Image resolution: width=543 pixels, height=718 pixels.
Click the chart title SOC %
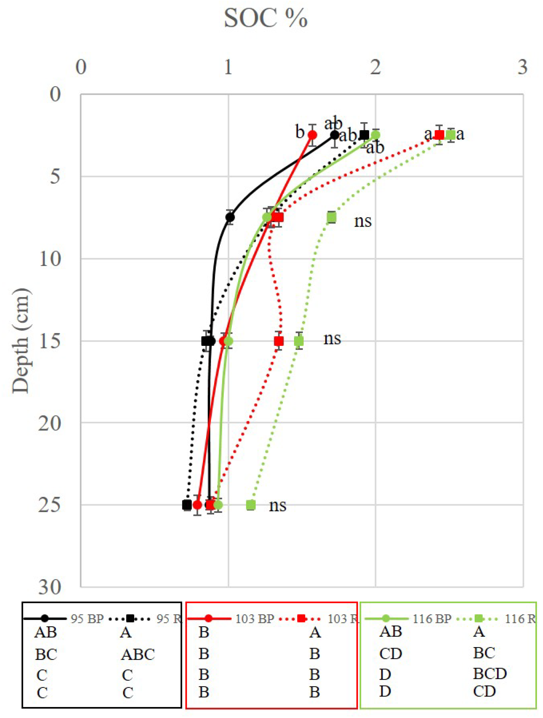[x=265, y=18]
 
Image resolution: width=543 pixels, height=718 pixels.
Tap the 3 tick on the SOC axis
[x=522, y=67]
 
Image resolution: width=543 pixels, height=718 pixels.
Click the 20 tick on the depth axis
[x=50, y=423]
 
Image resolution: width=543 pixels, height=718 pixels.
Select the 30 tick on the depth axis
[x=50, y=587]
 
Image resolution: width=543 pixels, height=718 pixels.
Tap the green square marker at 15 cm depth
[x=299, y=341]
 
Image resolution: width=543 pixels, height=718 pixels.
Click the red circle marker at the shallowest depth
[x=312, y=135]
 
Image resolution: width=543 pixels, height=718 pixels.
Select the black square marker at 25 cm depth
[x=187, y=505]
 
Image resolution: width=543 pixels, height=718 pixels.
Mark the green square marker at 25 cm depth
[x=251, y=505]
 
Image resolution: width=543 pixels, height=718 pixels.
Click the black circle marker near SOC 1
[x=230, y=217]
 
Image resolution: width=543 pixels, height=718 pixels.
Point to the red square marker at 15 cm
[x=279, y=341]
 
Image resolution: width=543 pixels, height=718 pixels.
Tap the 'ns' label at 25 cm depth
[x=277, y=506]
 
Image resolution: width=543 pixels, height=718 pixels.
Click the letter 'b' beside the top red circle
[x=300, y=132]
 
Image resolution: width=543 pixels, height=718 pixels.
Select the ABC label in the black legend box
[x=138, y=655]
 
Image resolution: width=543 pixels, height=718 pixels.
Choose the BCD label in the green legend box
[x=490, y=674]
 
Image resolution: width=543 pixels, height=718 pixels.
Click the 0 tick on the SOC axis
[x=81, y=67]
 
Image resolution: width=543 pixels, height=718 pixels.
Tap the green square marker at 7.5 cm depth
[x=331, y=217]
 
